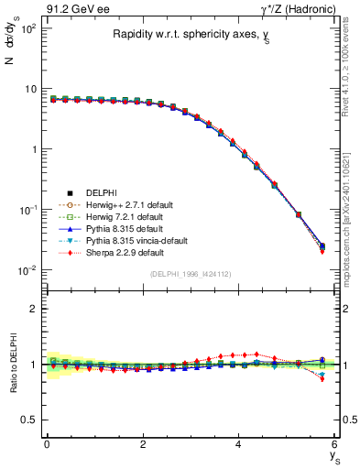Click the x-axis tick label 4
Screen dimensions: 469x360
click(238, 443)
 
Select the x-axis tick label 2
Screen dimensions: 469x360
click(142, 443)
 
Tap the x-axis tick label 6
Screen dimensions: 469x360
click(334, 443)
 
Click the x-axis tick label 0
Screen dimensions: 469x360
click(46, 443)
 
